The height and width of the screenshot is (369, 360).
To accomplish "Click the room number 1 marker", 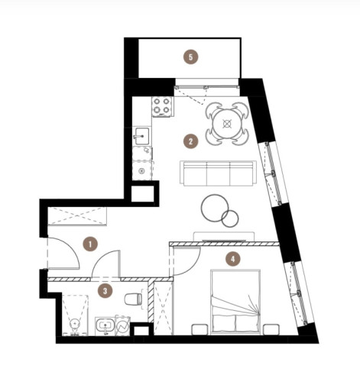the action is click(90, 244).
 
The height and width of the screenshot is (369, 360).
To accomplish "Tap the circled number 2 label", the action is click(190, 141).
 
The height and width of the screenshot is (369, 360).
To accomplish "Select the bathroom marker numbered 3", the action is click(105, 291).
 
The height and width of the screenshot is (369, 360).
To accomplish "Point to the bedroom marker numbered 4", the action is click(233, 259).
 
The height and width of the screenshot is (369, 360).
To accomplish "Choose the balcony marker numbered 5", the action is click(191, 57).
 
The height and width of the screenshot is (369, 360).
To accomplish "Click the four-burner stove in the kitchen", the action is click(163, 106).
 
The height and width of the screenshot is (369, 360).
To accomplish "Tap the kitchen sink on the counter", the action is click(141, 136).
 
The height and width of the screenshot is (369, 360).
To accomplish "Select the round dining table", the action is click(227, 124).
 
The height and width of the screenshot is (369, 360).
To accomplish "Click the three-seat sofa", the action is click(219, 173).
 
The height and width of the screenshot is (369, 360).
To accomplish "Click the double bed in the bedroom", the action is click(235, 302).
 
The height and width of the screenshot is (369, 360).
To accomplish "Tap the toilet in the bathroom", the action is click(133, 299).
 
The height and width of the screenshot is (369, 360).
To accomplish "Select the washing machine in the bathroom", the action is click(122, 325).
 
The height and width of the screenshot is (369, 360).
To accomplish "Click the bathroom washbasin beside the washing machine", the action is click(105, 326).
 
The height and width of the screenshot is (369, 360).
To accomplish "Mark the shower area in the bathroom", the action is click(75, 316).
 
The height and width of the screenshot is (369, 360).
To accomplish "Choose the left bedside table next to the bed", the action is click(199, 329).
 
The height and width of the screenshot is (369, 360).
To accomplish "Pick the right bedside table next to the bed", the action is click(271, 329).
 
